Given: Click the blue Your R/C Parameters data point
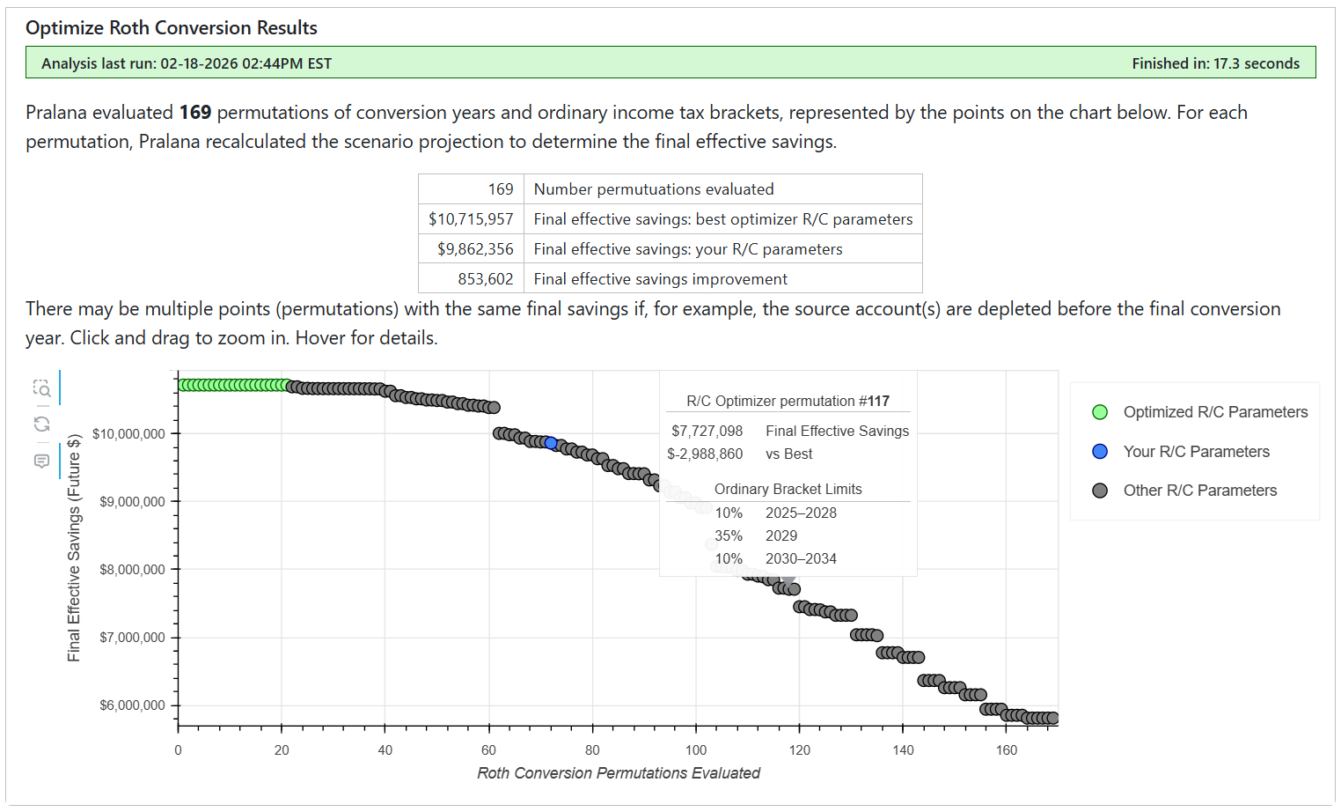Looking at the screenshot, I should pos(551,443).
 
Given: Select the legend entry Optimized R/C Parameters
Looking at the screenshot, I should pos(1214,412).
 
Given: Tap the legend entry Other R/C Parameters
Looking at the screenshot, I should pos(1198,491).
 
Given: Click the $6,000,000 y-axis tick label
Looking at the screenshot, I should pos(132,705).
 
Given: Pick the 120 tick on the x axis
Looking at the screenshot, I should pos(800,750).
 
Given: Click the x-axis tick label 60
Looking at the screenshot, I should pos(488,750).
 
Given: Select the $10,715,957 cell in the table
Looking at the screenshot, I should pos(471,219).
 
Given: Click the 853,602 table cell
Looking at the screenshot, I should pos(485,279).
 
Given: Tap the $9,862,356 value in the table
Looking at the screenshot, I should pos(475,249).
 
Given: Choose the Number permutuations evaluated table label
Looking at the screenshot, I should pos(654,189).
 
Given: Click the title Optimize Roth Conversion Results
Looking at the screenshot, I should pos(172,28).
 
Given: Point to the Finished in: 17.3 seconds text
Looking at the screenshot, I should pos(1215,63).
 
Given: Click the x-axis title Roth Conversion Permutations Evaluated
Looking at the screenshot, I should pos(619,773).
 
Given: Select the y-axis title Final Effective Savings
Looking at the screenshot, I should pos(74,547).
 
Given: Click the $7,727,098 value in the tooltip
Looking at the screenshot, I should pos(707,431).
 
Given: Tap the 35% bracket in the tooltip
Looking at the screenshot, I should pos(729,535).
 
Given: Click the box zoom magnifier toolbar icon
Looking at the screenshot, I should pos(41,388).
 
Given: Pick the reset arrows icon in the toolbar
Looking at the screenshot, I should pos(41,424).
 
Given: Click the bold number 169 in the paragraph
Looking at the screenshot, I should pos(195,113).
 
